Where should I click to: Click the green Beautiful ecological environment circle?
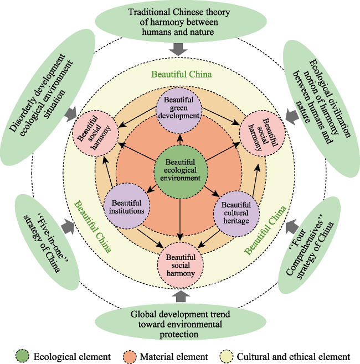point(181,172)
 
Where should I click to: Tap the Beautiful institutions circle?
point(127,206)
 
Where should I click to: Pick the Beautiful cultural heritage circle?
point(236,214)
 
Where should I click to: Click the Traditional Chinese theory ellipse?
point(181,22)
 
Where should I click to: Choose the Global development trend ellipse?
point(181,324)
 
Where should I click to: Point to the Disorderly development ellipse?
point(48,97)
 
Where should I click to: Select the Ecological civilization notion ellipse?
point(322,108)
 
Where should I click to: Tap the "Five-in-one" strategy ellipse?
point(47,242)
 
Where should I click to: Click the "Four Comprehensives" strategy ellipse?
point(310,245)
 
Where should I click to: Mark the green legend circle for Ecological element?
point(22,356)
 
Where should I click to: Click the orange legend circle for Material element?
point(130,356)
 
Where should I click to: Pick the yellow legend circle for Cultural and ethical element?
point(226,356)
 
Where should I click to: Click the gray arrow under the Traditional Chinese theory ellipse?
point(178,49)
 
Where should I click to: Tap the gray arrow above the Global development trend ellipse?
point(181,296)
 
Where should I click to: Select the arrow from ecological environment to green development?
point(180,140)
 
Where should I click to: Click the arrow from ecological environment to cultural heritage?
point(212,191)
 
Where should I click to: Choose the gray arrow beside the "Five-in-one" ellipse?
point(68,227)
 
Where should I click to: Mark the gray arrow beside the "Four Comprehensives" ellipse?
point(292,227)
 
